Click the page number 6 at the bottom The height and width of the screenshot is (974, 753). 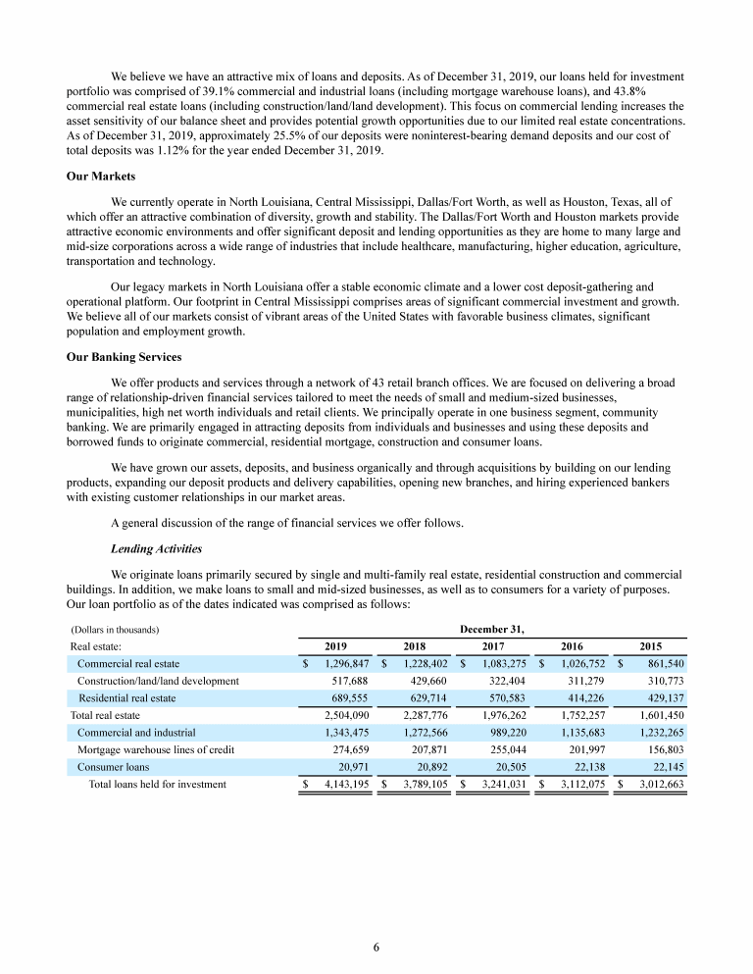pyautogui.click(x=376, y=948)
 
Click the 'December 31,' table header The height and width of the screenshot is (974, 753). pyautogui.click(x=491, y=629)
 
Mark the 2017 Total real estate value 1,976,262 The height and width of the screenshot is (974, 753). pyautogui.click(x=495, y=715)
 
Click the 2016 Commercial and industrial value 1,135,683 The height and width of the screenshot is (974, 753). pyautogui.click(x=576, y=732)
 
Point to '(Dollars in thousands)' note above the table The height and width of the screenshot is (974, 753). pyautogui.click(x=115, y=629)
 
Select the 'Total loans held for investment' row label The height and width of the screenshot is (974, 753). pyautogui.click(x=157, y=784)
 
